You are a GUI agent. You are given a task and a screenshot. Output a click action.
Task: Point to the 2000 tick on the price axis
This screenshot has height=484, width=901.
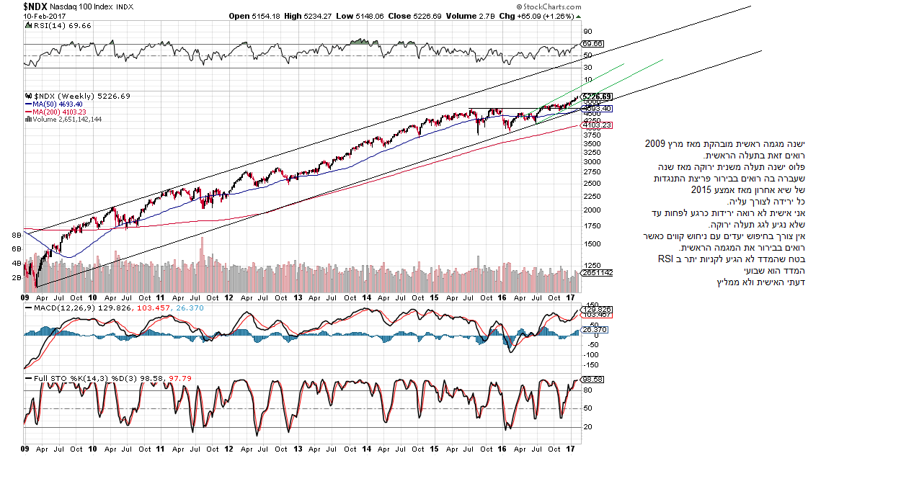pos(592,210)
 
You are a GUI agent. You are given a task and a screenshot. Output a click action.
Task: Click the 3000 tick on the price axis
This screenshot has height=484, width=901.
pos(592,162)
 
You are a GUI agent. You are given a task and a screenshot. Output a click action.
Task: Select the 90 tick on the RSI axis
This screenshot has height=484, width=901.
pos(588,31)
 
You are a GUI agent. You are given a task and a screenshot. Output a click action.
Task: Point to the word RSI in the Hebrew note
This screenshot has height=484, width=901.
pos(664,259)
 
